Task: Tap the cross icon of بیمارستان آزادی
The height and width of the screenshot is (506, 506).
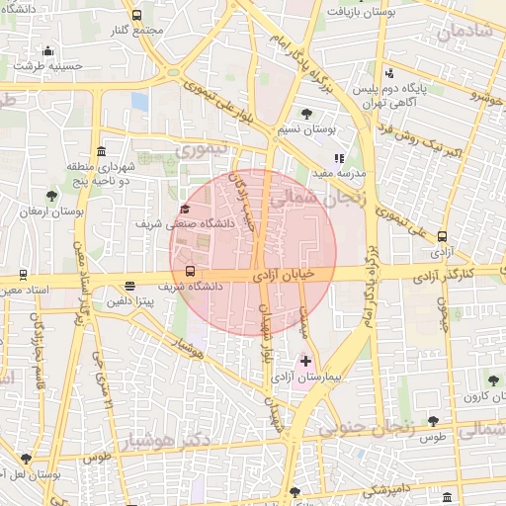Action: click(305, 362)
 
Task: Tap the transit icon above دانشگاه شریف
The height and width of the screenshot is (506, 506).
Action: click(190, 272)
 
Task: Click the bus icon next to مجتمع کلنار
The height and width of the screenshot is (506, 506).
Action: click(135, 16)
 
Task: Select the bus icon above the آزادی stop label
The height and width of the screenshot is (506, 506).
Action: click(442, 236)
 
